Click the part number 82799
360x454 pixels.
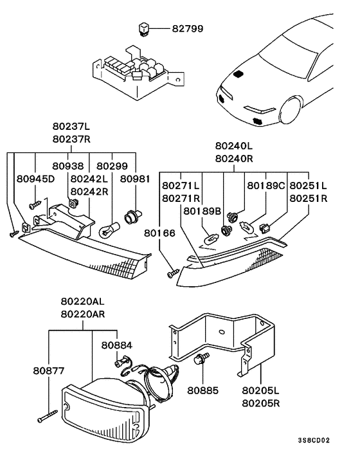pyautogui.click(x=188, y=29)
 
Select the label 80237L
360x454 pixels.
pyautogui.click(x=71, y=127)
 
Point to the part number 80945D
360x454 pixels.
pyautogui.click(x=35, y=179)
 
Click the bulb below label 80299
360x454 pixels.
pyautogui.click(x=109, y=230)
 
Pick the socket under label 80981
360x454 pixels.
pyautogui.click(x=133, y=217)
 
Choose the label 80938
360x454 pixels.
pyautogui.click(x=67, y=166)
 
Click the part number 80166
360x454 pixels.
pyautogui.click(x=159, y=233)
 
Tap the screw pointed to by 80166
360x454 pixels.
pyautogui.click(x=173, y=273)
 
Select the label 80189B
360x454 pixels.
pyautogui.click(x=202, y=212)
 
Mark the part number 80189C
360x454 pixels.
pyautogui.click(x=266, y=186)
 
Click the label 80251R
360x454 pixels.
pyautogui.click(x=309, y=199)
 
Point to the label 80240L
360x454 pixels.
pyautogui.click(x=234, y=145)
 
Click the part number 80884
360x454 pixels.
pyautogui.click(x=117, y=345)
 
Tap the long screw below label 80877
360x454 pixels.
pyautogui.click(x=48, y=416)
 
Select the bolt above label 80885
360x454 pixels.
pyautogui.click(x=203, y=359)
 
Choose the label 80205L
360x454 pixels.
pyautogui.click(x=261, y=390)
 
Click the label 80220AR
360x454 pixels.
pyautogui.click(x=83, y=314)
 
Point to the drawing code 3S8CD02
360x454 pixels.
pyautogui.click(x=314, y=440)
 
